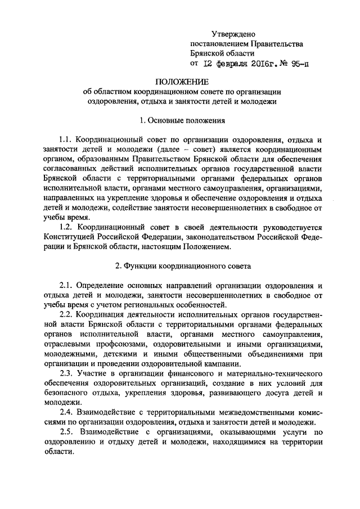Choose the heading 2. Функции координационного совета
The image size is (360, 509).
180,265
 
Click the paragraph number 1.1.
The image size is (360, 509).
67,138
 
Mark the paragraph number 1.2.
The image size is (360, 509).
67,227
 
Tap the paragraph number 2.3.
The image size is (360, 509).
67,373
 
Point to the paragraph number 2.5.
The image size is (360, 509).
67,431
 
